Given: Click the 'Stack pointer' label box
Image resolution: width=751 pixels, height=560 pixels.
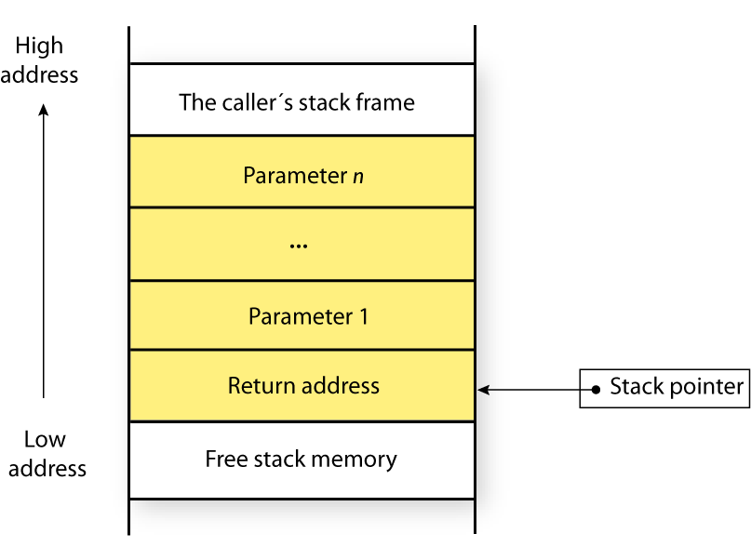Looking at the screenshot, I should (664, 387).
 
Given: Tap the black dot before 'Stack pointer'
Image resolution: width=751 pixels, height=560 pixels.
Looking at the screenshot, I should (596, 388).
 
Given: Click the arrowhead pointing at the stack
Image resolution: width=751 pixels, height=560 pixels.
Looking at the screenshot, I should (482, 388).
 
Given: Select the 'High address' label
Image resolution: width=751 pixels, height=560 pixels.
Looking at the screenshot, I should (39, 60).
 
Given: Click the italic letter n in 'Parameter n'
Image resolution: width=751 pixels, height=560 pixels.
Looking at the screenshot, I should (357, 176).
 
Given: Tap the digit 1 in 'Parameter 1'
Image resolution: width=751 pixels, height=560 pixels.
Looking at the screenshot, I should (362, 316).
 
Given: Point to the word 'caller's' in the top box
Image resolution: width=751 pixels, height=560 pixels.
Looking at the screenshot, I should (261, 101).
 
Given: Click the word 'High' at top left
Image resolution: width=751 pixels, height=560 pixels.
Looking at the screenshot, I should (39, 46).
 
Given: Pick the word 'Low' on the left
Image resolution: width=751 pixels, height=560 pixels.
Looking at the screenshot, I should (45, 439).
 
